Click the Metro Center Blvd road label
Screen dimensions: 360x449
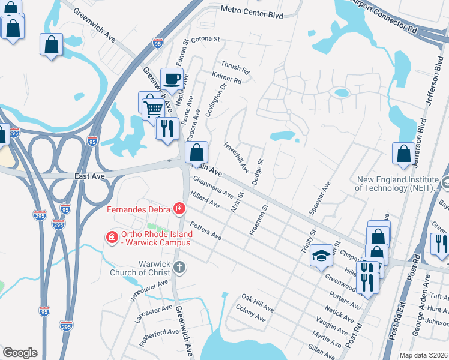click(252, 10)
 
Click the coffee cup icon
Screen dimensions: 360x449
click(172, 79)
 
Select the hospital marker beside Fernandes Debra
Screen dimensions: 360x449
click(179, 209)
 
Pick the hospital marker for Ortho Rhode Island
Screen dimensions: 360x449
click(111, 238)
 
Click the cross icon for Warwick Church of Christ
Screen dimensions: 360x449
click(179, 269)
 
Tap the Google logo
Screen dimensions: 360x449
click(20, 353)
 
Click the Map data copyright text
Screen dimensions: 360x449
click(423, 355)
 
